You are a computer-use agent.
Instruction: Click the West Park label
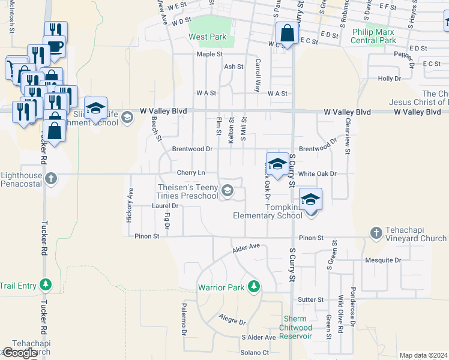(x=208, y=37)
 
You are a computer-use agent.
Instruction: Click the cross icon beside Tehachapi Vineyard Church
(x=376, y=233)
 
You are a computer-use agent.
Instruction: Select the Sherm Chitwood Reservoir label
(x=296, y=328)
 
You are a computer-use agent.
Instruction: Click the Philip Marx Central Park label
(x=375, y=36)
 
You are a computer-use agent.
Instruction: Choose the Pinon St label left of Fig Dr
(x=147, y=236)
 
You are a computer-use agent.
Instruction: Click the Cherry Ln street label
(x=191, y=173)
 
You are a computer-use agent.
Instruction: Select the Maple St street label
(x=209, y=55)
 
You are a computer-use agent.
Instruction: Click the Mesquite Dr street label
(x=382, y=260)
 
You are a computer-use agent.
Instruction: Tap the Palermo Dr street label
(x=184, y=319)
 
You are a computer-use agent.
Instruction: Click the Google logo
(x=20, y=353)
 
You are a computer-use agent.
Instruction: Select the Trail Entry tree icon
(x=46, y=284)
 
